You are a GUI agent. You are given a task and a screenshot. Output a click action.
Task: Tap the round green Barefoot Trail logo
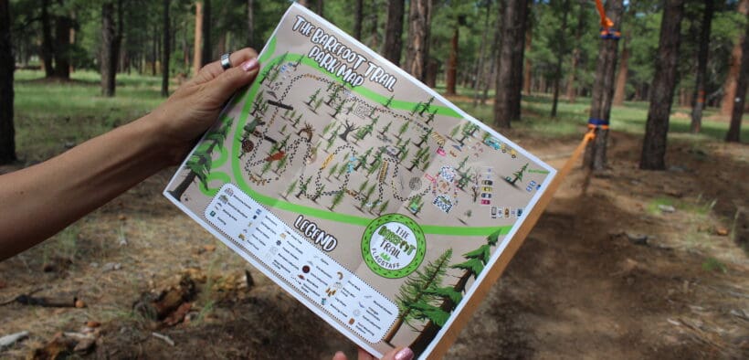click(x=392, y=245)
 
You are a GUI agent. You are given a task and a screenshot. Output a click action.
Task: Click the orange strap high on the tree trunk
click(x=606, y=20)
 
